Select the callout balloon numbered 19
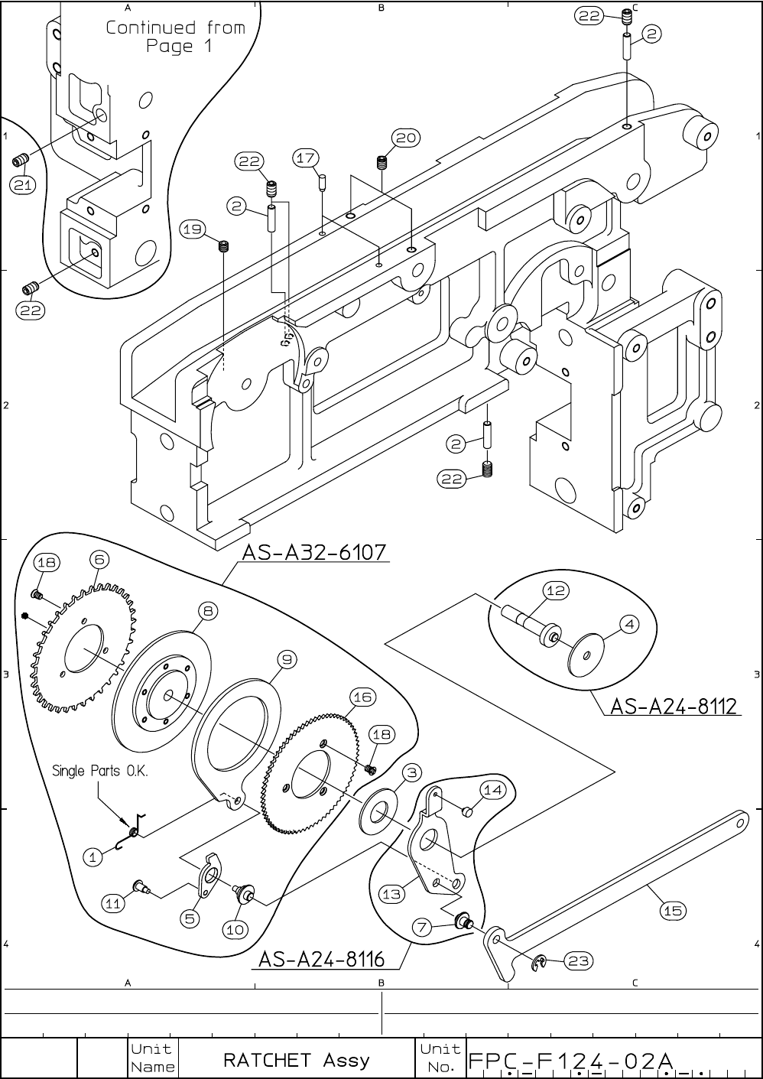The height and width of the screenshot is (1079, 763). (x=193, y=228)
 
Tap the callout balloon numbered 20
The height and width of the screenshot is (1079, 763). (x=406, y=138)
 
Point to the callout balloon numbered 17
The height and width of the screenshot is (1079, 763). (x=306, y=158)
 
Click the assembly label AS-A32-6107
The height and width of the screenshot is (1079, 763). (x=314, y=551)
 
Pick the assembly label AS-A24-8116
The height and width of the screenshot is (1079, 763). (x=321, y=958)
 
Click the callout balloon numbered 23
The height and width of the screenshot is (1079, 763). (x=579, y=961)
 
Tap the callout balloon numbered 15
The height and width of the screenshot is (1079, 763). (x=673, y=910)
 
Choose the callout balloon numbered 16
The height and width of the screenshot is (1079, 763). (x=362, y=697)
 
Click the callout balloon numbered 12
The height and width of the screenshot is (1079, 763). (x=556, y=590)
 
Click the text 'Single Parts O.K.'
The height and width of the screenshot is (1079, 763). (x=99, y=770)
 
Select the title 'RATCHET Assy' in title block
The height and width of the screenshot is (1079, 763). (x=296, y=1060)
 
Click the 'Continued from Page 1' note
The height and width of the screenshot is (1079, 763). (x=175, y=37)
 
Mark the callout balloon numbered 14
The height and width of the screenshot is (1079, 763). (x=493, y=790)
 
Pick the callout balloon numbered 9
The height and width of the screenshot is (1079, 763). (x=286, y=658)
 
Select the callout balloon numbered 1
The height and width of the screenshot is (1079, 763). (x=93, y=857)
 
